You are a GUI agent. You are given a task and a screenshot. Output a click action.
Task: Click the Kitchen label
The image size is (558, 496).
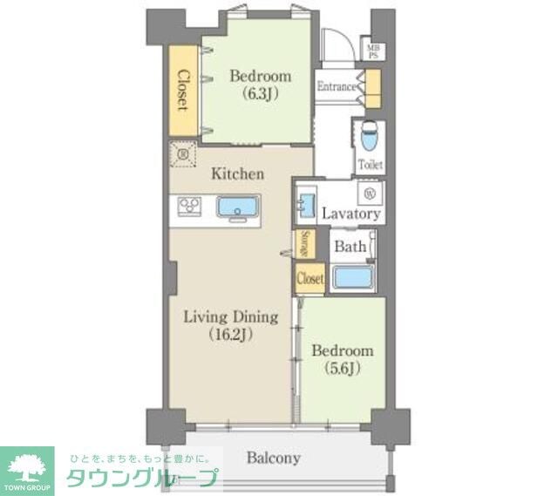pyautogui.click(x=237, y=174)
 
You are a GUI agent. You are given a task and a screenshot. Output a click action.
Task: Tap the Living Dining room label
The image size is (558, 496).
pyautogui.click(x=230, y=316)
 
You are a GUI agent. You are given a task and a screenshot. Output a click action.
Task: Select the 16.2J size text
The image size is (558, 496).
pyautogui.click(x=230, y=335)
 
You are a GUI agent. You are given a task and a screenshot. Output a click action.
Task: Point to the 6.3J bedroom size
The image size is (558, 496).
pyautogui.click(x=260, y=94)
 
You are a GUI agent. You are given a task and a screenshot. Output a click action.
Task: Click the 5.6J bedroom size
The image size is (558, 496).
pyautogui.click(x=343, y=368)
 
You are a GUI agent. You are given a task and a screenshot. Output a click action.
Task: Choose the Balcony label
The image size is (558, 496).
pyautogui.click(x=273, y=458)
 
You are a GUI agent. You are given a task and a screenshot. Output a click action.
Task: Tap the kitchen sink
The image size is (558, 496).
pyautogui.click(x=237, y=208)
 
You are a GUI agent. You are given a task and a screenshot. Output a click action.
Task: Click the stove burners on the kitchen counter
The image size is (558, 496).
pyautogui.click(x=189, y=207)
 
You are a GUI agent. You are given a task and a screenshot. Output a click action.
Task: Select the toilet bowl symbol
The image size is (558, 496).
pyautogui.click(x=368, y=137)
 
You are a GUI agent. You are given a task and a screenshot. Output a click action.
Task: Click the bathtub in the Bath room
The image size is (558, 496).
pyautogui.click(x=353, y=278)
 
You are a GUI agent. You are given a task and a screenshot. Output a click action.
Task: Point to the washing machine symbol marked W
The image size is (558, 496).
pyautogui.click(x=369, y=193)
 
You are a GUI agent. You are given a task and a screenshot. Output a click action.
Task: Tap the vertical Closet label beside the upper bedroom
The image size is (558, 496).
pyautogui.click(x=183, y=90)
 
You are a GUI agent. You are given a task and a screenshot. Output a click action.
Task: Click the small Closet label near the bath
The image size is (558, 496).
pyautogui.click(x=310, y=279)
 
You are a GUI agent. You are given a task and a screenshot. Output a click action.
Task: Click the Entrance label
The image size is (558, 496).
pyautogui.click(x=336, y=86)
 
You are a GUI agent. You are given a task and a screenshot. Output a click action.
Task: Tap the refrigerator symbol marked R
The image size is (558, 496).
pyautogui.click(x=184, y=155)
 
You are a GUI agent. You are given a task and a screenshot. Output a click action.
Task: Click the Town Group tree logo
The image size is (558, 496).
pyautogui.click(x=28, y=466)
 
